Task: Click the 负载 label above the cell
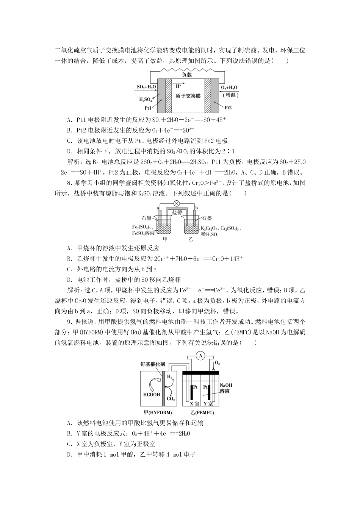point(187,75)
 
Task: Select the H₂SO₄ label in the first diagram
point(146,100)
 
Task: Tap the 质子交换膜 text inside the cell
point(188,96)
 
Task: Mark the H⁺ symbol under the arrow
point(178,87)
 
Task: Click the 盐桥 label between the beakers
point(177,212)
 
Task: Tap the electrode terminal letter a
point(157,208)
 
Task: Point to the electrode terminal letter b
point(196,208)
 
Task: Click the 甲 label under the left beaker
point(164,239)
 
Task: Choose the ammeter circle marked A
point(201,355)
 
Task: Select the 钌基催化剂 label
point(153,364)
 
